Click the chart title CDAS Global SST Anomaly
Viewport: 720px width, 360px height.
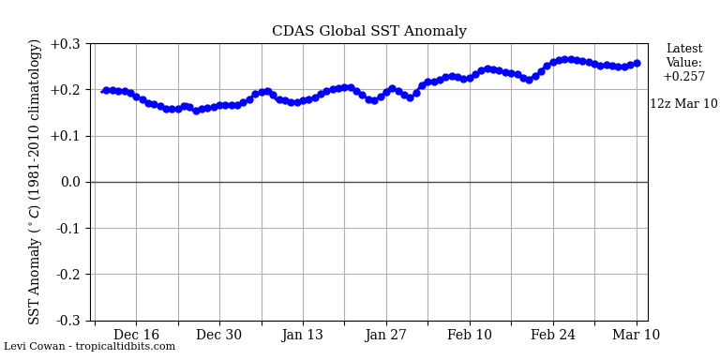pyautogui.click(x=368, y=31)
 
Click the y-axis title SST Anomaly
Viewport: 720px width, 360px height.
pyautogui.click(x=36, y=181)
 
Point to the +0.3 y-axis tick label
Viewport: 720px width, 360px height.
pyautogui.click(x=65, y=44)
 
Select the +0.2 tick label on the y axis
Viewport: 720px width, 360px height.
pyautogui.click(x=65, y=90)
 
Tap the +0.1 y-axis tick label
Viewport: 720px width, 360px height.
pyautogui.click(x=65, y=136)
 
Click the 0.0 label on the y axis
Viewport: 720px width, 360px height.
pyautogui.click(x=69, y=182)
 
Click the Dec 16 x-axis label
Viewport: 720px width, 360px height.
pyautogui.click(x=136, y=336)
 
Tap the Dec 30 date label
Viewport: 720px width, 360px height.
pyautogui.click(x=219, y=336)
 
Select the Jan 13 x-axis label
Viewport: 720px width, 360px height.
pyautogui.click(x=302, y=336)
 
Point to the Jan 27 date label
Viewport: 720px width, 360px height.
pyautogui.click(x=385, y=336)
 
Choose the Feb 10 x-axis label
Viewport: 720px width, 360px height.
pyautogui.click(x=469, y=336)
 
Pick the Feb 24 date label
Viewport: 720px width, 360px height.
pyautogui.click(x=552, y=336)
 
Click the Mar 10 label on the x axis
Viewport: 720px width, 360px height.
pyautogui.click(x=636, y=336)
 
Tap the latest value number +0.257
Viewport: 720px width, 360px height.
pyautogui.click(x=683, y=77)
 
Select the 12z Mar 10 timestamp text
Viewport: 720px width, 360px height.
pyautogui.click(x=683, y=104)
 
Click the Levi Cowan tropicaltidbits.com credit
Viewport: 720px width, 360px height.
pyautogui.click(x=89, y=347)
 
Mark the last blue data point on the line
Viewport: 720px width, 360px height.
pyautogui.click(x=637, y=64)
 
